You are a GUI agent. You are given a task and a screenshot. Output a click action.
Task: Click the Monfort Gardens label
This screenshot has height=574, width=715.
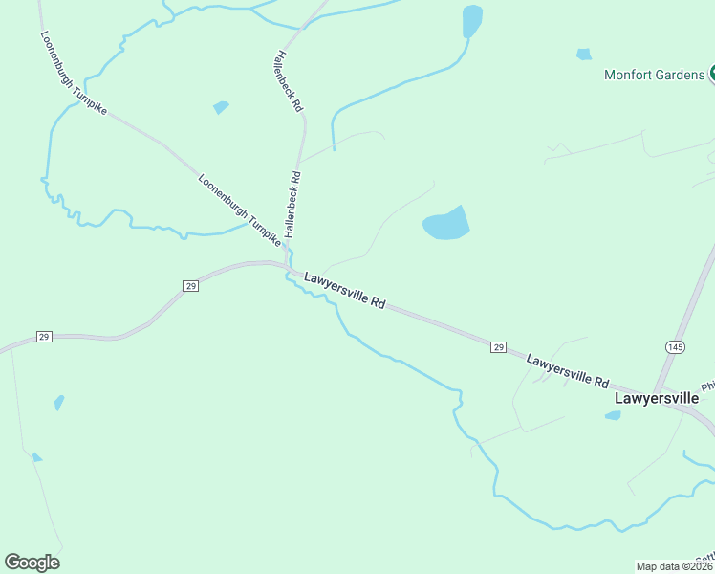click(654, 75)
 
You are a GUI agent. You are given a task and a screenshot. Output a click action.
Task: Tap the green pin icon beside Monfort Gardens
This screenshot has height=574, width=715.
click(711, 75)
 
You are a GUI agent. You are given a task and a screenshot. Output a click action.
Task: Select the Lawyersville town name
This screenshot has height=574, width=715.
click(657, 397)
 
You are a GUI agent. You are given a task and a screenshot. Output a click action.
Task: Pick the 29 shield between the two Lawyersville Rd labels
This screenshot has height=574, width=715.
click(498, 346)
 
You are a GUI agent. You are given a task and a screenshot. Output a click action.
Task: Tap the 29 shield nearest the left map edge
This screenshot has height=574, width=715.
click(43, 337)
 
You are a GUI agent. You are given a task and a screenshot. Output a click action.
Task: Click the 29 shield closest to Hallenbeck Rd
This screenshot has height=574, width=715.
click(190, 286)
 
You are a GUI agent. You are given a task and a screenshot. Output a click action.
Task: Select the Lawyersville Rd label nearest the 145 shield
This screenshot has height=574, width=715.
click(567, 370)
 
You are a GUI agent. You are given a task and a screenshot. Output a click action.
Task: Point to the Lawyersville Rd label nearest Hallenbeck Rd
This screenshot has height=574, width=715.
click(344, 290)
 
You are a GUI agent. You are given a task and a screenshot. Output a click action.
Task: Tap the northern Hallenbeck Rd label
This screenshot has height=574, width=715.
click(287, 79)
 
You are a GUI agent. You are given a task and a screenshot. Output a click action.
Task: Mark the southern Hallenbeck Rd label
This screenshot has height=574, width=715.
click(292, 205)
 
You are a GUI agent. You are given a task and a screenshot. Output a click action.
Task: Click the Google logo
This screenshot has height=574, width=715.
click(32, 563)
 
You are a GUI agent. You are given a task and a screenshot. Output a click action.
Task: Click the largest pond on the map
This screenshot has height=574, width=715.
click(446, 225)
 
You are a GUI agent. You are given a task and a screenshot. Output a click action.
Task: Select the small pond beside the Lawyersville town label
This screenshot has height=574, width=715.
click(613, 415)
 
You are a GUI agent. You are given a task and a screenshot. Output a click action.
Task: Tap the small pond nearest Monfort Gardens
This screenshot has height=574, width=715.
click(584, 55)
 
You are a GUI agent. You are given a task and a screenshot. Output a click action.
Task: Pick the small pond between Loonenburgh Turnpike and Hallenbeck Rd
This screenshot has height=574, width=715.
click(221, 107)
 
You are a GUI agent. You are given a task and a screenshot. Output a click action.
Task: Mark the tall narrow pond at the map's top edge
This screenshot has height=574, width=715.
click(471, 21)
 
